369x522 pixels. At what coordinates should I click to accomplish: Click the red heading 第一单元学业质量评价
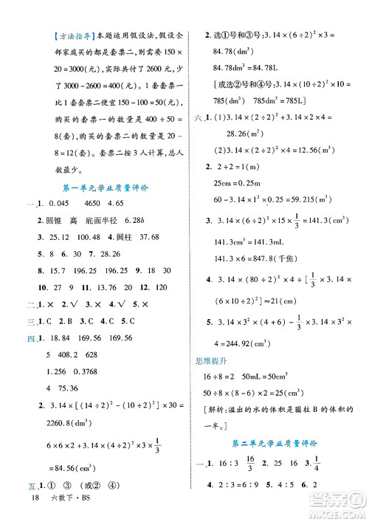click(108, 188)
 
